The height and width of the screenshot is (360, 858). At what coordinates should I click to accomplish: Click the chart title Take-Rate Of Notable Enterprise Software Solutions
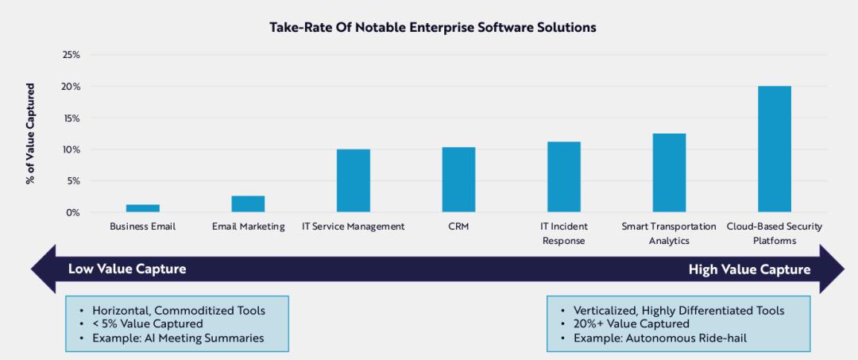(x=433, y=28)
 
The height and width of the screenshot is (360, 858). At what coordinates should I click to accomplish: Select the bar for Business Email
(x=143, y=208)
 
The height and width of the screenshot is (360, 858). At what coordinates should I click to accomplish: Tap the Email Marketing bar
(x=248, y=204)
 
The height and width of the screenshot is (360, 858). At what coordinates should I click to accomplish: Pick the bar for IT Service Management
(x=354, y=181)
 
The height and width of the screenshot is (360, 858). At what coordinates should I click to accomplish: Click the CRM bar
(x=458, y=180)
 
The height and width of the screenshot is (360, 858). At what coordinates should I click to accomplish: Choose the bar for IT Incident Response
(x=564, y=177)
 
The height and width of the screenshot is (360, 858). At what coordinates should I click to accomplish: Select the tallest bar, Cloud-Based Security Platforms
(x=775, y=149)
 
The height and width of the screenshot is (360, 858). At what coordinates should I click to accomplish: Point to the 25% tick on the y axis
(x=71, y=55)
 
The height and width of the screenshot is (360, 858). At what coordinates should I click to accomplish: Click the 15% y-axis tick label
(x=71, y=118)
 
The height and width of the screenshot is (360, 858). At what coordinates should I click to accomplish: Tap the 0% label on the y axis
(x=73, y=212)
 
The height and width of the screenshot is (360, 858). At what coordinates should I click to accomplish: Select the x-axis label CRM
(x=458, y=226)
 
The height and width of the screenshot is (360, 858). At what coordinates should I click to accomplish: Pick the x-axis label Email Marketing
(x=248, y=226)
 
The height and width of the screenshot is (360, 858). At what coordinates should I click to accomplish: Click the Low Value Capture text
(x=127, y=269)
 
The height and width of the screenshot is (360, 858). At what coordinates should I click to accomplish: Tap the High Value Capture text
(x=749, y=269)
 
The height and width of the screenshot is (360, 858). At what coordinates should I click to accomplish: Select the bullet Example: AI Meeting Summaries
(x=178, y=338)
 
